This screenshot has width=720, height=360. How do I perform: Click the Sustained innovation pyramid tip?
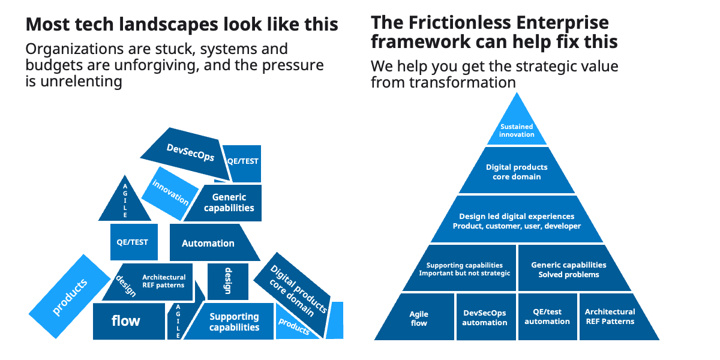517,130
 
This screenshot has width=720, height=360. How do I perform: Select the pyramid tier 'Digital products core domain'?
517,172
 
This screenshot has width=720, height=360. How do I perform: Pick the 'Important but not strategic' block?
464,269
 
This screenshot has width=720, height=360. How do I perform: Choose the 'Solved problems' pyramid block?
569,269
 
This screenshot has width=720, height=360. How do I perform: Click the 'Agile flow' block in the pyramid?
419,318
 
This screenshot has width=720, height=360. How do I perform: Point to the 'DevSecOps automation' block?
485,317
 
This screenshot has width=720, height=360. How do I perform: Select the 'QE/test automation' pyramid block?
547,316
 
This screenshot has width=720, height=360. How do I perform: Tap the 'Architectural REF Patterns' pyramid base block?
610,316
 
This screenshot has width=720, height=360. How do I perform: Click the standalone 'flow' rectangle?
128,321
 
